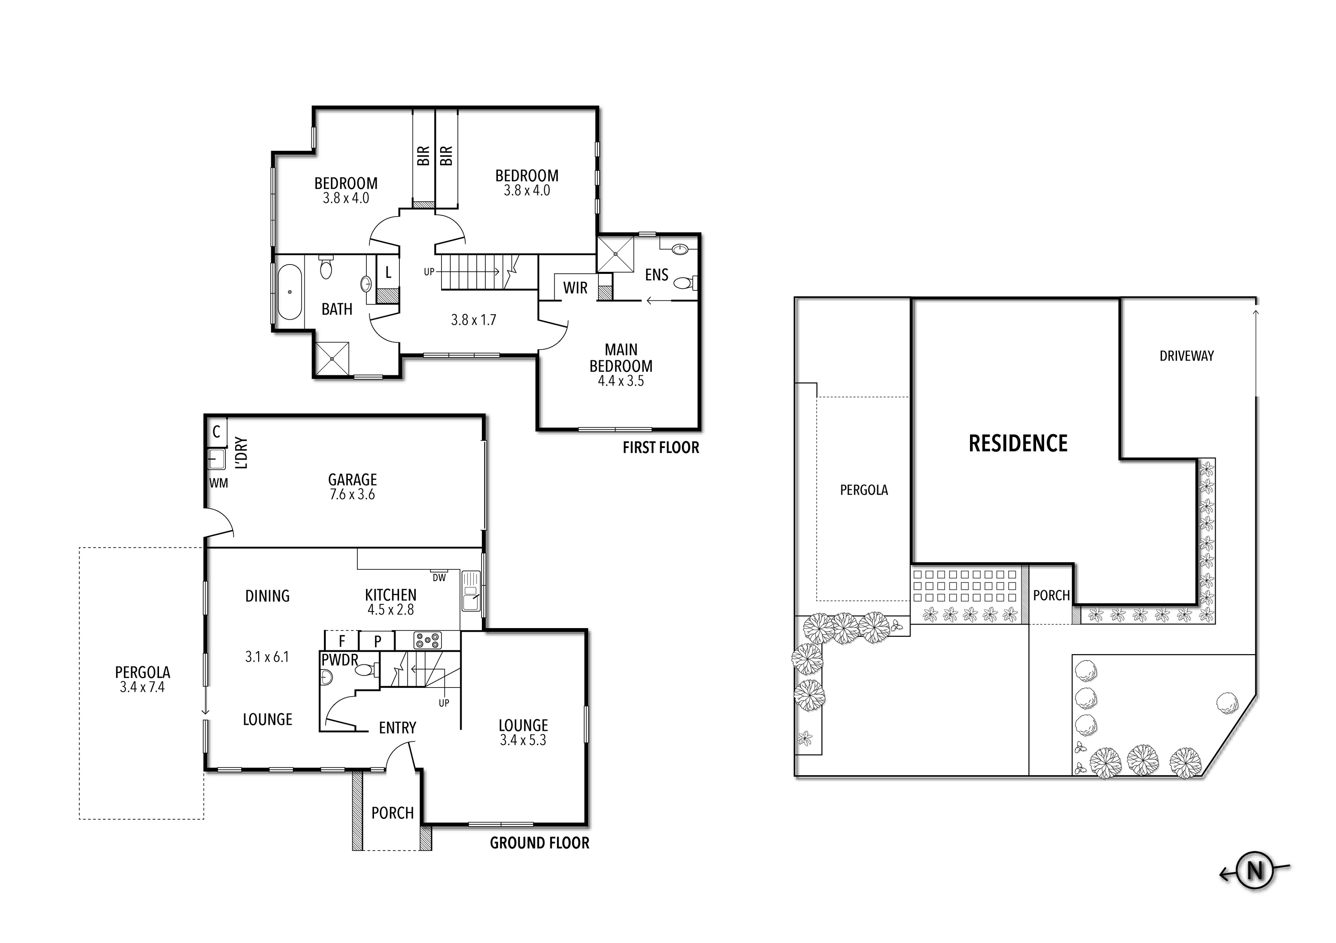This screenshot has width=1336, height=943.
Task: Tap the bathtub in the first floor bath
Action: (x=289, y=292)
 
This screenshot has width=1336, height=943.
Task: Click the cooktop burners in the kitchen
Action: (x=428, y=641)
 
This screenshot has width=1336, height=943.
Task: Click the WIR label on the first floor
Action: (x=575, y=288)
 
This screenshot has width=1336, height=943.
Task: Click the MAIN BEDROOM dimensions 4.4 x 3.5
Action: (x=621, y=381)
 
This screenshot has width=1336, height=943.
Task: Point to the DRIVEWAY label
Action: (x=1186, y=356)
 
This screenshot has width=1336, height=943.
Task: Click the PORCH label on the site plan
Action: (x=1051, y=595)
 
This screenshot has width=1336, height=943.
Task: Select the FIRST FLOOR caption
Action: (x=660, y=448)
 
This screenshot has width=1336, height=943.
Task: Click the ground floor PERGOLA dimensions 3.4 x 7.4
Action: (x=143, y=687)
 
